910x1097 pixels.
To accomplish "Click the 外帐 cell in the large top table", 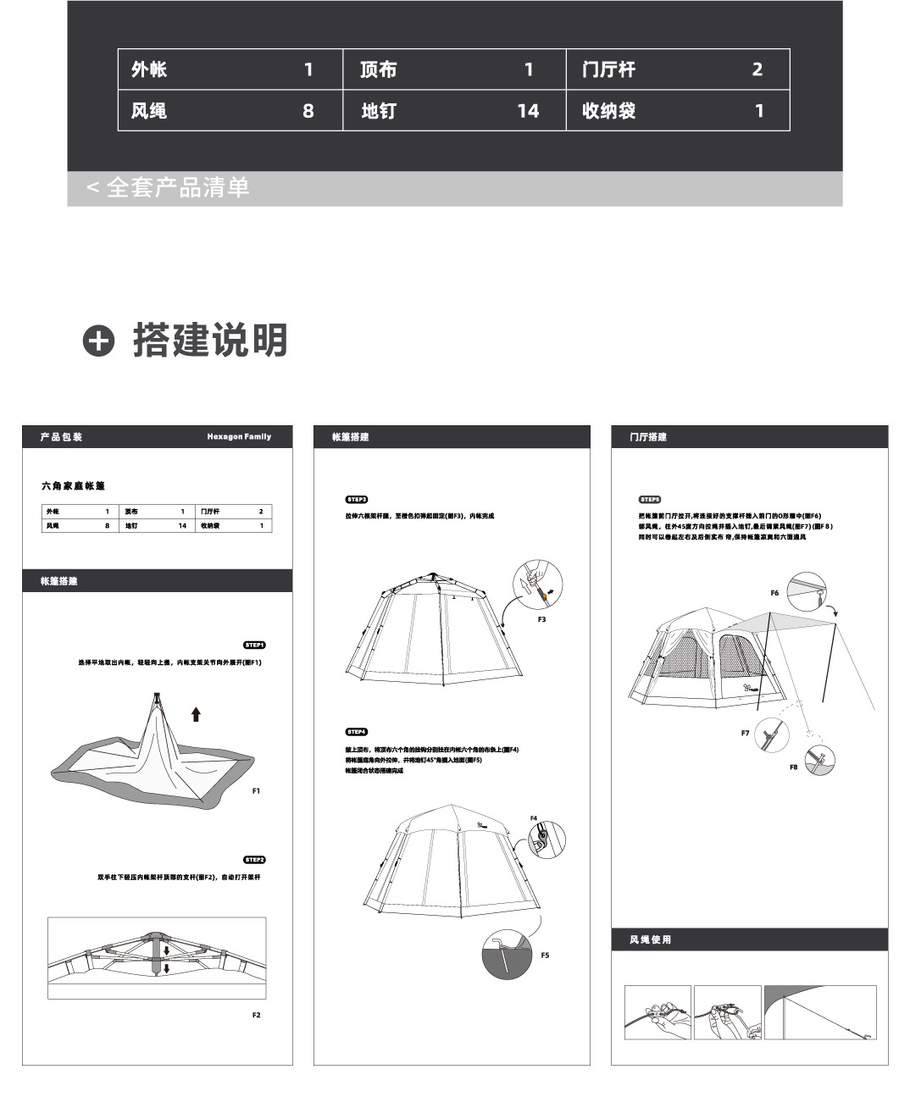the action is (149, 69).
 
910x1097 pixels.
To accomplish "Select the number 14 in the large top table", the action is (528, 111).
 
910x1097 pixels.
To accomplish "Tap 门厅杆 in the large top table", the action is (608, 69).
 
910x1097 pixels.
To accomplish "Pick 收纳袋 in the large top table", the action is (608, 111).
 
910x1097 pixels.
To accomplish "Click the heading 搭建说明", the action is (210, 341).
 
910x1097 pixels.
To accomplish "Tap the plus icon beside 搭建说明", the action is (98, 341).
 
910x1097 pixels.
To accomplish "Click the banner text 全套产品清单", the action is (177, 187).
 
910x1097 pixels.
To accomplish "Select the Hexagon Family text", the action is (239, 437).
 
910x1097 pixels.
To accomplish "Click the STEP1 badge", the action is (254, 645).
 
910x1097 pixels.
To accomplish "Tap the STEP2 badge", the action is (254, 860).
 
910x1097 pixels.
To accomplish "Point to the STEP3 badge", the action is (356, 500).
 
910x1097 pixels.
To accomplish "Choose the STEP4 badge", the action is (356, 732).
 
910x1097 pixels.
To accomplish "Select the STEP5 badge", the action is (650, 500).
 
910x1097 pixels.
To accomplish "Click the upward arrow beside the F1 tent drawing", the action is (196, 714).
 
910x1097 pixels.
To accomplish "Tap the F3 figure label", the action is (541, 619).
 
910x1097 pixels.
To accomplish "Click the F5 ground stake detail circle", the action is (507, 955).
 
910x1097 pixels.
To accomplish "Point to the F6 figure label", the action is (774, 593).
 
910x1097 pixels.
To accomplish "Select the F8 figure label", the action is (793, 767).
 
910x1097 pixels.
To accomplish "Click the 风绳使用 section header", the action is (650, 939).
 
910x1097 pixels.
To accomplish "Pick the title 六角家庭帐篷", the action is (73, 485).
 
